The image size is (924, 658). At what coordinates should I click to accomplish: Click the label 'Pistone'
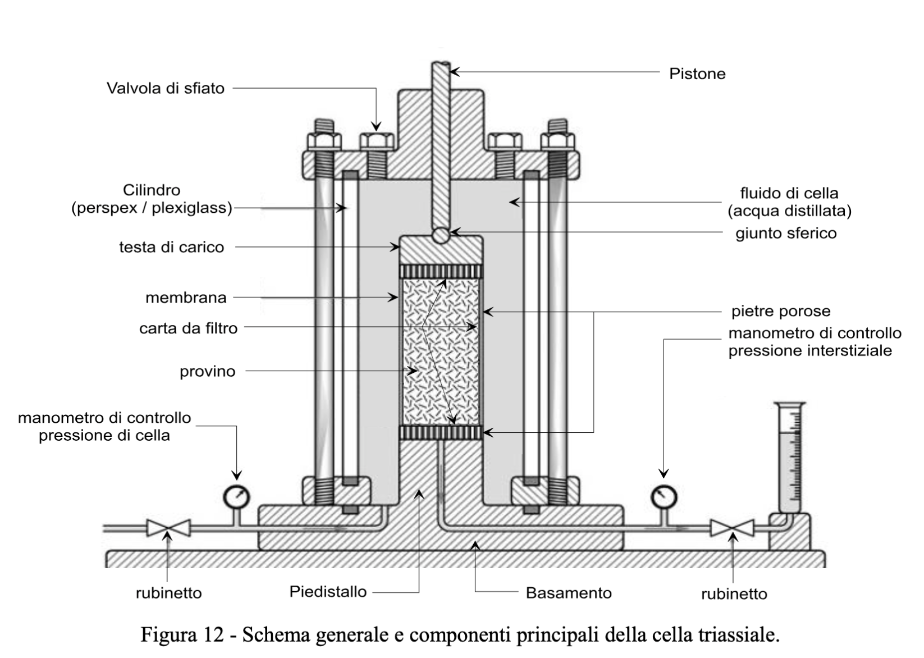pyautogui.click(x=697, y=74)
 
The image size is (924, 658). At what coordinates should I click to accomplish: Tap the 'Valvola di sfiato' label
pyautogui.click(x=166, y=88)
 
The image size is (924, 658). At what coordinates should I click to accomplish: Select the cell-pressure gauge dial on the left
pyautogui.click(x=236, y=496)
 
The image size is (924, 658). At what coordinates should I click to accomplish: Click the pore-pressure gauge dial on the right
pyautogui.click(x=664, y=496)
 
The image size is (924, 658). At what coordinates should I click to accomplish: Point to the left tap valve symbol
pyautogui.click(x=168, y=528)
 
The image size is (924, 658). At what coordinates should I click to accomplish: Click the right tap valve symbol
pyautogui.click(x=732, y=528)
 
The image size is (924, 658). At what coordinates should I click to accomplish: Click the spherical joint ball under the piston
pyautogui.click(x=441, y=235)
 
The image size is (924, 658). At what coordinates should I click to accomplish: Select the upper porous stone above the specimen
pyautogui.click(x=441, y=272)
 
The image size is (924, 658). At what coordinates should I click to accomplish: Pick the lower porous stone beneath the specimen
pyautogui.click(x=441, y=432)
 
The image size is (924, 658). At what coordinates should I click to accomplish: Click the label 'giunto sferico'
pyautogui.click(x=786, y=233)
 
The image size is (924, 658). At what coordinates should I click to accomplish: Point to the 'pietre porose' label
pyautogui.click(x=780, y=311)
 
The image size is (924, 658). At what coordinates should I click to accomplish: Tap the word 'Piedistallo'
pyautogui.click(x=328, y=591)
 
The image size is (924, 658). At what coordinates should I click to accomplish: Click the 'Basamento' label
pyautogui.click(x=568, y=593)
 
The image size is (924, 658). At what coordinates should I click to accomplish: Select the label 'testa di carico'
pyautogui.click(x=171, y=247)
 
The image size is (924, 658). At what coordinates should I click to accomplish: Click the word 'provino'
pyautogui.click(x=207, y=372)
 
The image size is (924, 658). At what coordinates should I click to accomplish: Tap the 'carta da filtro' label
pyautogui.click(x=188, y=328)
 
